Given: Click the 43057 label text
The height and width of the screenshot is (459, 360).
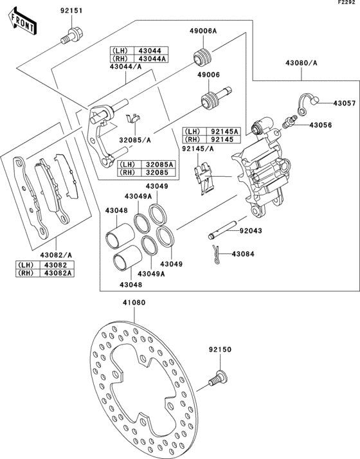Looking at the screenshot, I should tap(344, 103).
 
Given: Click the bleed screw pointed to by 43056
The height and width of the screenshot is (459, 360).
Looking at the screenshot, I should tap(290, 120).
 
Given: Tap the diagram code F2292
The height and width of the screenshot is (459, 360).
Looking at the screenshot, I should tap(347, 3).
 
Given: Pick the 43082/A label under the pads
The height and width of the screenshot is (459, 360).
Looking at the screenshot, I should tap(54, 255).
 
